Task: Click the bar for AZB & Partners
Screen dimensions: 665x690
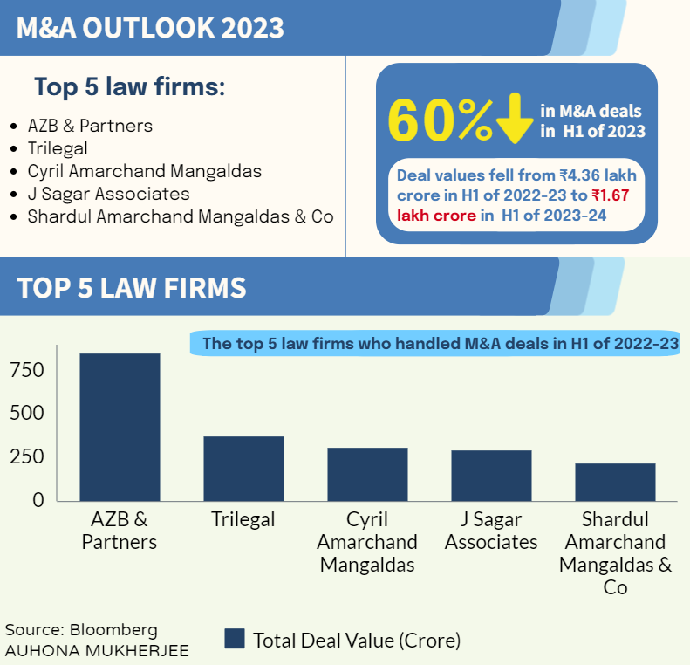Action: pyautogui.click(x=120, y=427)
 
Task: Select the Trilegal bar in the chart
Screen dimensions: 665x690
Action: pyautogui.click(x=243, y=469)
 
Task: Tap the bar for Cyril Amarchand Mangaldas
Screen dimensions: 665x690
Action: pyautogui.click(x=367, y=474)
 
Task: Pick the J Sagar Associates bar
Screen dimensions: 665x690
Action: pyautogui.click(x=491, y=476)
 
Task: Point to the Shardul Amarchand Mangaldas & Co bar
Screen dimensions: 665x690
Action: pyautogui.click(x=615, y=482)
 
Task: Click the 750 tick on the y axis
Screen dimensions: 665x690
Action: pyautogui.click(x=26, y=371)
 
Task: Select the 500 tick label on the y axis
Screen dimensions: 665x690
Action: pyautogui.click(x=26, y=414)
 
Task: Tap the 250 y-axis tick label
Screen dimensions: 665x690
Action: pyautogui.click(x=26, y=457)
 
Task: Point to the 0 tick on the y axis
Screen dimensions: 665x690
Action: pyautogui.click(x=38, y=500)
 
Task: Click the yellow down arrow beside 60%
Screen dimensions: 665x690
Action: pyautogui.click(x=515, y=120)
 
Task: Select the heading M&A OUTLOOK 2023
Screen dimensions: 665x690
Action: pyautogui.click(x=150, y=27)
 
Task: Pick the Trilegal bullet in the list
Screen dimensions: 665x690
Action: pyautogui.click(x=58, y=148)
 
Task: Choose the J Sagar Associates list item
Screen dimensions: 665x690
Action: pyautogui.click(x=108, y=194)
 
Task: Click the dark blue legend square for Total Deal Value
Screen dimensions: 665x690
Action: pyautogui.click(x=234, y=639)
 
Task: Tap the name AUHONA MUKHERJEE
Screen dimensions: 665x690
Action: pyautogui.click(x=96, y=650)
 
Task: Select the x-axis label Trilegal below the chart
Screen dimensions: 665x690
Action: pyautogui.click(x=243, y=520)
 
